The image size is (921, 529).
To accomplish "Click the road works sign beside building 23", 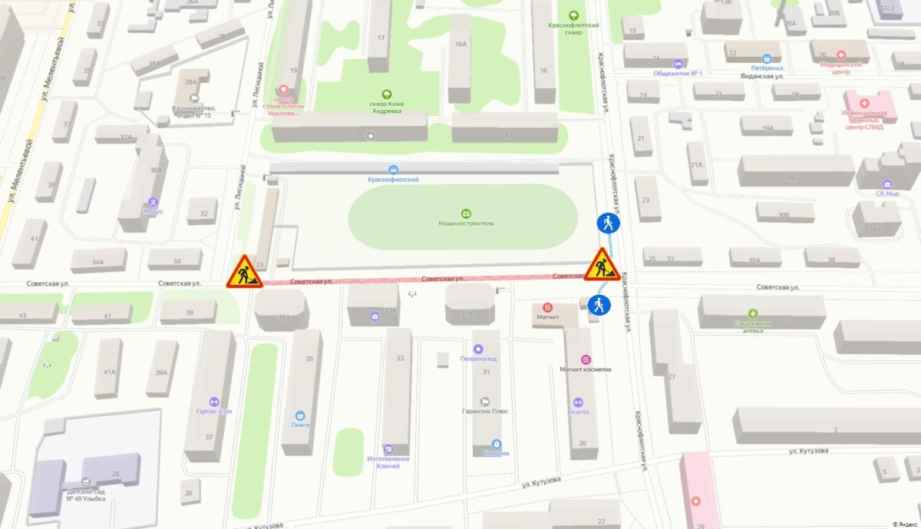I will [x=245, y=272].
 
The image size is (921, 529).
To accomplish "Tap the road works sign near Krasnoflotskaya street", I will [x=603, y=265].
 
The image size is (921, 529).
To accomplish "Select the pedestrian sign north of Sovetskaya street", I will [x=608, y=223].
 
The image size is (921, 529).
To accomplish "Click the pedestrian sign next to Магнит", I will [x=599, y=306].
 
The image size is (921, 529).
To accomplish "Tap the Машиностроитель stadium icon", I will [x=466, y=213].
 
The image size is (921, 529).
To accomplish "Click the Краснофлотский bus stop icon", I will [x=393, y=170].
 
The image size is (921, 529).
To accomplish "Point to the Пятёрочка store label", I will [x=767, y=68].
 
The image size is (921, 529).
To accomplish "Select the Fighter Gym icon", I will [x=213, y=402].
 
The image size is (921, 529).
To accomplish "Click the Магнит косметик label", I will [x=586, y=369].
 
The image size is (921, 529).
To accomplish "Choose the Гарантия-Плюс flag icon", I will [x=484, y=401].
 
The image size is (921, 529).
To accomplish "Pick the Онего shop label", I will [x=300, y=425].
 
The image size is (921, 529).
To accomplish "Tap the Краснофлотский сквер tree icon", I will [x=573, y=15].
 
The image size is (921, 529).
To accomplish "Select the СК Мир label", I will [x=886, y=193].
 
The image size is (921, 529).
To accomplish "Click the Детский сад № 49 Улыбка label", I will [x=84, y=495].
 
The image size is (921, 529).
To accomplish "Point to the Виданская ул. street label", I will [x=761, y=76].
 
